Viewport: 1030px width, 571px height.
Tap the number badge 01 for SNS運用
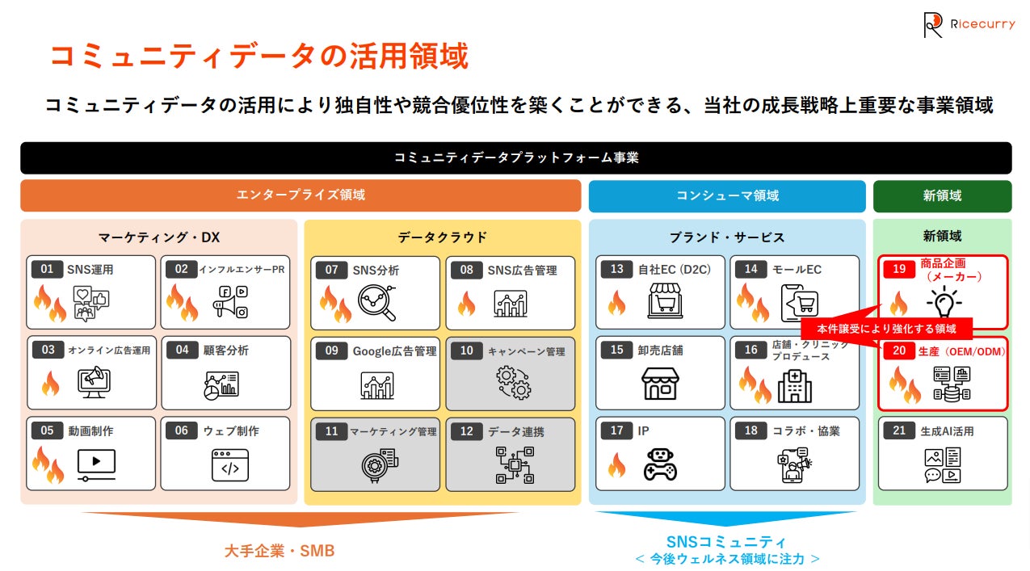tap(47, 269)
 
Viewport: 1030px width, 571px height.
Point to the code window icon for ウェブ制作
tap(229, 465)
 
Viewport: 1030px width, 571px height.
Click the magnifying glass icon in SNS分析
tap(376, 302)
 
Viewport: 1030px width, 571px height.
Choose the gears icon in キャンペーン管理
tap(513, 382)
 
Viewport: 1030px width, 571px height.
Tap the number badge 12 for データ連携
tap(466, 431)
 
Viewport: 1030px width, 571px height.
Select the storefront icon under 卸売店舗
tap(660, 383)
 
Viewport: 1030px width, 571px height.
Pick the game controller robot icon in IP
tap(660, 464)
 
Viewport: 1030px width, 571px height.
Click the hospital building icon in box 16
tap(794, 387)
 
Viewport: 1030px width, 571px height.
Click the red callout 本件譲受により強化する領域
tap(886, 329)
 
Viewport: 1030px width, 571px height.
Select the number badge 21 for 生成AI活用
tap(899, 430)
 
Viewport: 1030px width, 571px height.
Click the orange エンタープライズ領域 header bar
tap(301, 195)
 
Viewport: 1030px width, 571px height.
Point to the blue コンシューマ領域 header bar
tap(726, 195)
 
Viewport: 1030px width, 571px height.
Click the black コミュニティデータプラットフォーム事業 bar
tap(515, 157)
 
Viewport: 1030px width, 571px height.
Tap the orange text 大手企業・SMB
tap(279, 551)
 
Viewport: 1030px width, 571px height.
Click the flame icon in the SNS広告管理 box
tap(466, 304)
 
